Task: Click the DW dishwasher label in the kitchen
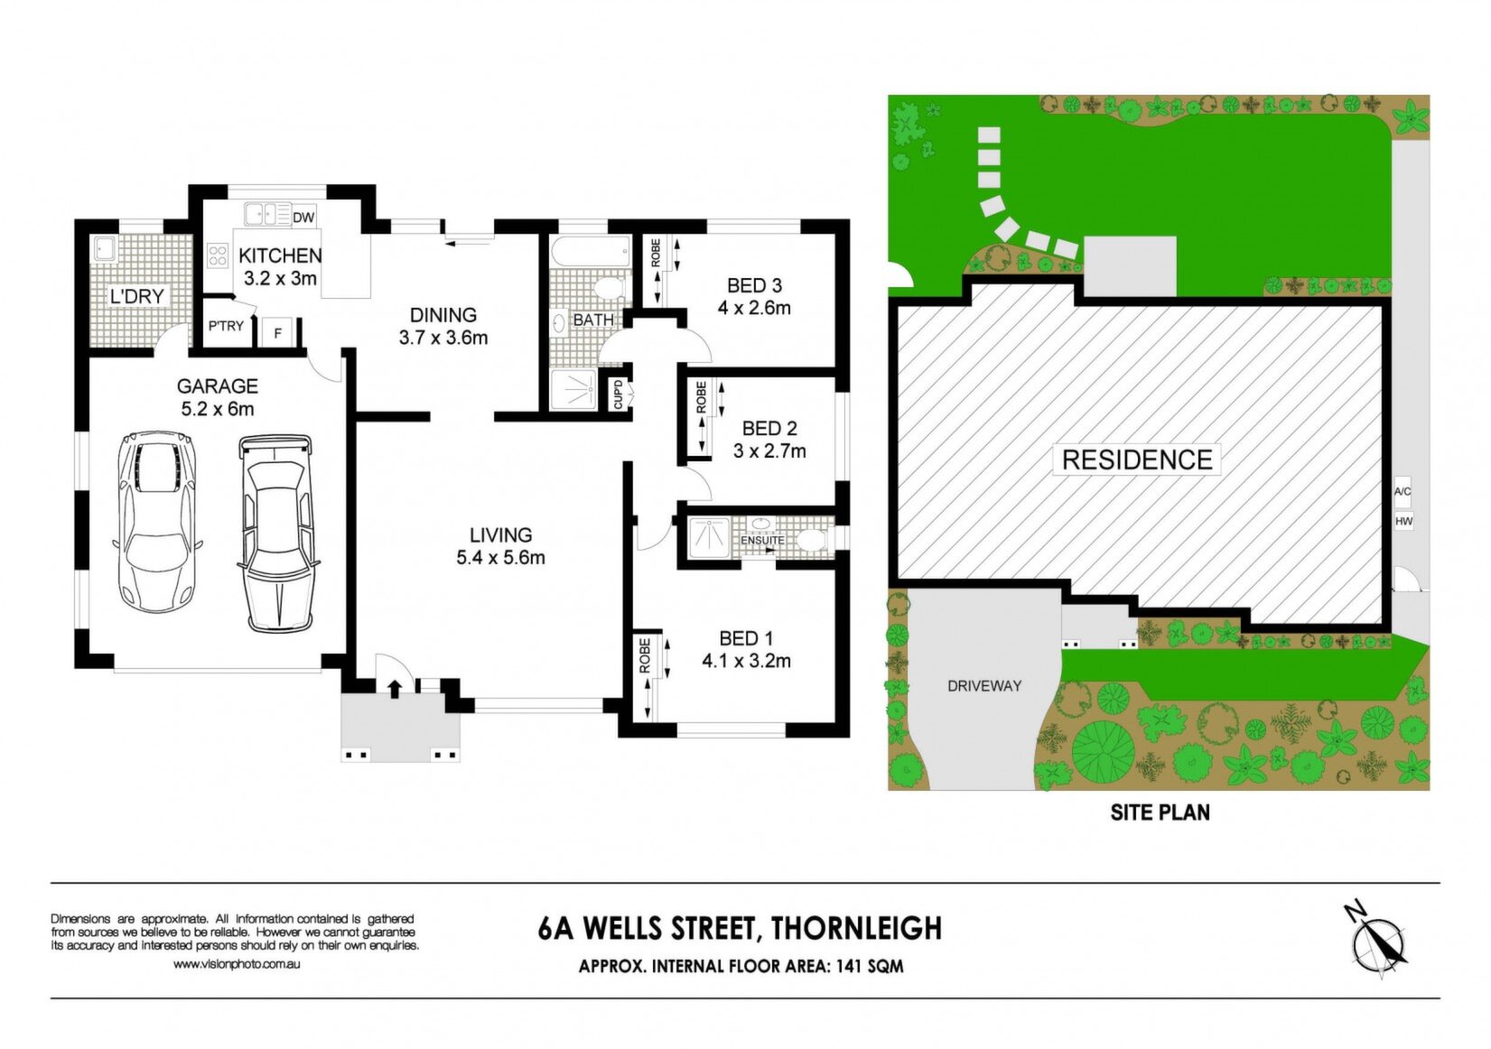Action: point(303,218)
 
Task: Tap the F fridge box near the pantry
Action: point(278,332)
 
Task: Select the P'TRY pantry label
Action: point(227,326)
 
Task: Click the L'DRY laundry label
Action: point(137,297)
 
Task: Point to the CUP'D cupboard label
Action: point(618,394)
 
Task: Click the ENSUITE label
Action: point(763,540)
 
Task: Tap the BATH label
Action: point(593,320)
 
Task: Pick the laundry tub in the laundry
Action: point(105,249)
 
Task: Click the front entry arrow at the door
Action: point(394,689)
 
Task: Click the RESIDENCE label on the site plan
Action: point(1137,460)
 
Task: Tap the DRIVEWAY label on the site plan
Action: point(983,686)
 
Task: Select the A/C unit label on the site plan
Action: point(1402,492)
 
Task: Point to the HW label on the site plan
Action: point(1403,522)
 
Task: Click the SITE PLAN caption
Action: point(1160,812)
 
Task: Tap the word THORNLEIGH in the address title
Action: point(856,928)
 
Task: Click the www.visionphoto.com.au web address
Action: point(237,964)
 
